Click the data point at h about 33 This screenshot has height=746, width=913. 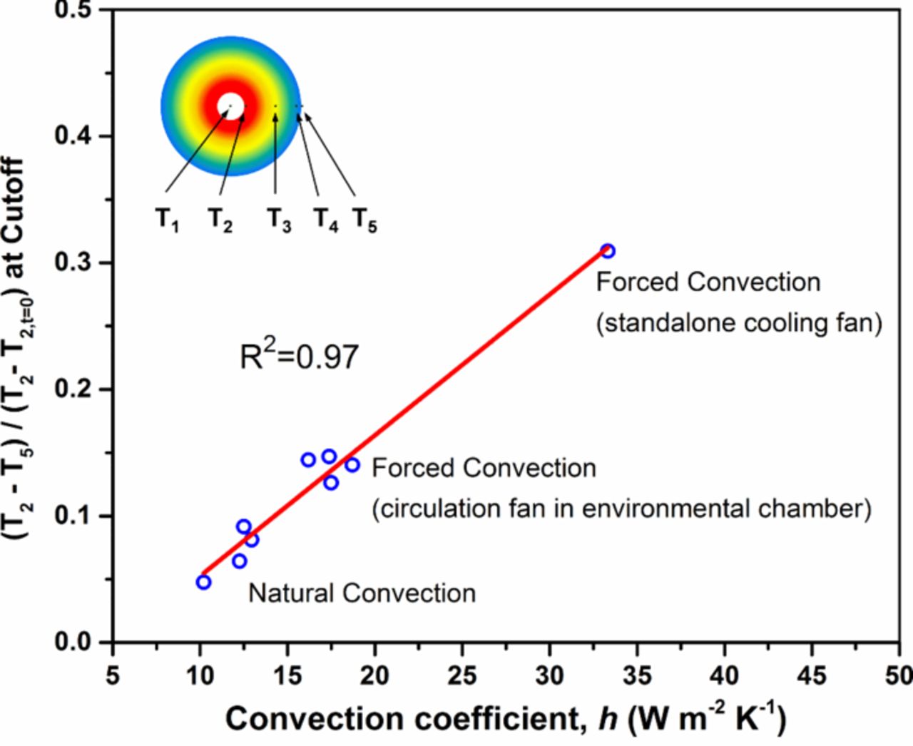pyautogui.click(x=608, y=251)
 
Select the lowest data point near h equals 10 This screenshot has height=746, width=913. pyautogui.click(x=203, y=582)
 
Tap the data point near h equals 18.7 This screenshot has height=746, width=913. pyautogui.click(x=352, y=465)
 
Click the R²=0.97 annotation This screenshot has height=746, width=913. pyautogui.click(x=299, y=355)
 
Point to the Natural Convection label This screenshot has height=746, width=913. pyautogui.click(x=362, y=593)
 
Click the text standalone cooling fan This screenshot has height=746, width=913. pyautogui.click(x=739, y=323)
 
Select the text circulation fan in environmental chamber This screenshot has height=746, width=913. pyautogui.click(x=621, y=509)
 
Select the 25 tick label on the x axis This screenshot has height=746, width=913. pyautogui.click(x=461, y=674)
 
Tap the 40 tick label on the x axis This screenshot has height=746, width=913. pyautogui.click(x=724, y=674)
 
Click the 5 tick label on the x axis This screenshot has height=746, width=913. pyautogui.click(x=113, y=674)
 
